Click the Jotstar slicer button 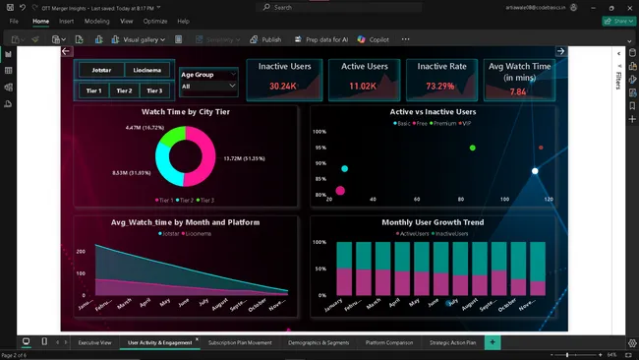click(101, 71)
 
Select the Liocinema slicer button click(146, 71)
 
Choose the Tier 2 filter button click(124, 90)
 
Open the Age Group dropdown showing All click(208, 87)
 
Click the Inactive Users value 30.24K click(283, 87)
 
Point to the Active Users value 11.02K click(364, 87)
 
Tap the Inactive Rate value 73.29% click(441, 87)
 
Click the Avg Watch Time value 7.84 click(518, 91)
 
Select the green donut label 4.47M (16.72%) click(145, 128)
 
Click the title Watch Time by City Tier click(185, 112)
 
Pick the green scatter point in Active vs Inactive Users click(473, 148)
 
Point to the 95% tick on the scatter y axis click(320, 148)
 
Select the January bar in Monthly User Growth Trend click(343, 268)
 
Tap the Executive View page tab click(95, 342)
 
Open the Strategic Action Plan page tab click(452, 342)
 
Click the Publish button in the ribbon click(265, 39)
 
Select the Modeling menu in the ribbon click(96, 21)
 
